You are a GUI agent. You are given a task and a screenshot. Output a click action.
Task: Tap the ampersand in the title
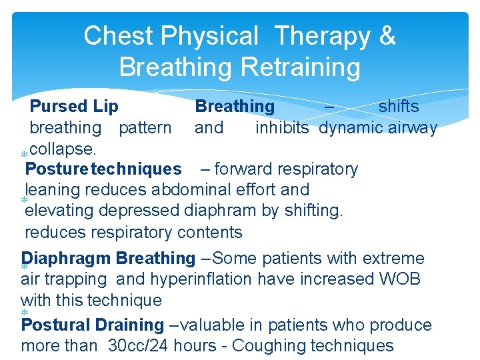pyautogui.click(x=387, y=36)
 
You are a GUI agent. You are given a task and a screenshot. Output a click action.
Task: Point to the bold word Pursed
pyautogui.click(x=59, y=107)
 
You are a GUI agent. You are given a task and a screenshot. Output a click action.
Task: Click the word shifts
pyautogui.click(x=399, y=107)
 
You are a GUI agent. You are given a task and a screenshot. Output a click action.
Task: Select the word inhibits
pyautogui.click(x=282, y=127)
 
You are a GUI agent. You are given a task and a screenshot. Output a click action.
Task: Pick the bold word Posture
pyautogui.click(x=57, y=169)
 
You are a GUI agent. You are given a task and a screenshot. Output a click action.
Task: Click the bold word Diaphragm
pyautogui.click(x=66, y=258)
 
